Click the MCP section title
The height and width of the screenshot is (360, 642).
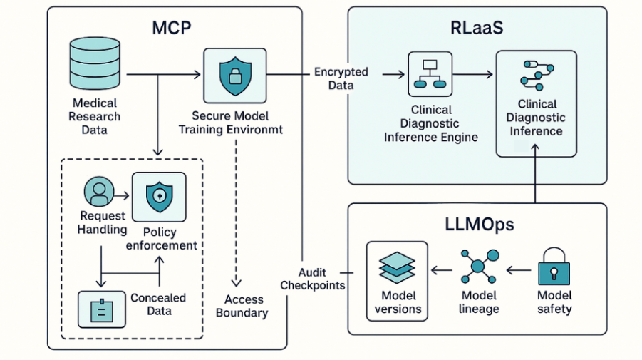[172, 29]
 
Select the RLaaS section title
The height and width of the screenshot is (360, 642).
[476, 29]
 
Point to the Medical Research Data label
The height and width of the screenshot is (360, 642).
[95, 117]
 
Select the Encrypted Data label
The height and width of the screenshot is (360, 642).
[341, 78]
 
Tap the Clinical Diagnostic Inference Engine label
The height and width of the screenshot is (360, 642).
[430, 123]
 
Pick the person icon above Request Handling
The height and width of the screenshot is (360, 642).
[98, 192]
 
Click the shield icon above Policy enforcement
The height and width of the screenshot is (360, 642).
[159, 195]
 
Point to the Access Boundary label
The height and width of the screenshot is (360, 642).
[242, 306]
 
